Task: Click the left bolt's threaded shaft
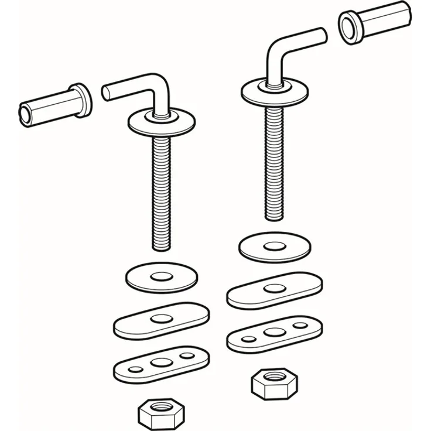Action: tap(160, 187)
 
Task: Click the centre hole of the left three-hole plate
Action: tap(160, 364)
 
